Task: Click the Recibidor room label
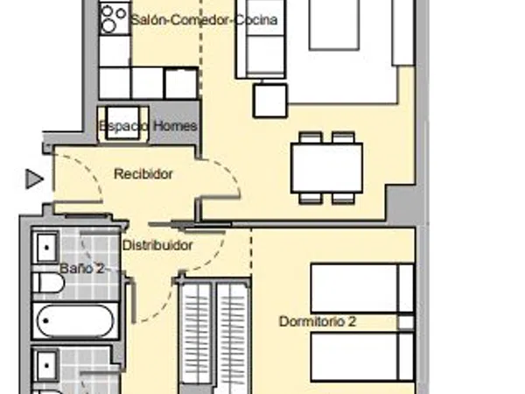[143, 174]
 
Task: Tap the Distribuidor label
[157, 245]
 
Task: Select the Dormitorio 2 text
[318, 321]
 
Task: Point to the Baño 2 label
[82, 269]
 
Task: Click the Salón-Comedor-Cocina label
[204, 20]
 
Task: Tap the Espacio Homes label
[148, 126]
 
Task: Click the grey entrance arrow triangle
[34, 179]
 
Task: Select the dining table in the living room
[326, 167]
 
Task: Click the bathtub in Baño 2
[75, 320]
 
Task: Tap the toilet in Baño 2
[48, 283]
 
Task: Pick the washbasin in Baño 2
[46, 248]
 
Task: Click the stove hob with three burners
[115, 18]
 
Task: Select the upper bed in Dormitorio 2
[362, 288]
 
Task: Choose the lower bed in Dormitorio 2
[362, 356]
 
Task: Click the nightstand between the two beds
[405, 322]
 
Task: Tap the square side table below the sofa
[270, 101]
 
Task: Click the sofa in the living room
[261, 39]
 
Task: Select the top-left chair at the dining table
[311, 137]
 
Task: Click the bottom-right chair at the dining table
[343, 198]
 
